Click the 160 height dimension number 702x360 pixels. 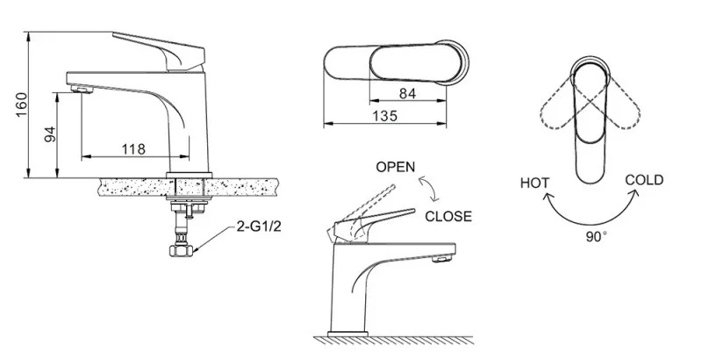(21, 104)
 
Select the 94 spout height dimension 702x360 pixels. (51, 134)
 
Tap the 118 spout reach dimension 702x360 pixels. (134, 149)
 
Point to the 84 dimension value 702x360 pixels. (407, 94)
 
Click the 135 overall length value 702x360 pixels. (384, 116)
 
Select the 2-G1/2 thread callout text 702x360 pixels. (259, 227)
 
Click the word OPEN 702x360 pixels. (396, 167)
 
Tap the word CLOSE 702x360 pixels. (448, 216)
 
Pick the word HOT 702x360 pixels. (534, 184)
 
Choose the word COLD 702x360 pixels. (644, 180)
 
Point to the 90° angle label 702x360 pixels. (597, 236)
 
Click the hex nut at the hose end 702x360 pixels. (181, 250)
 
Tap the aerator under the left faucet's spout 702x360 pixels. (82, 90)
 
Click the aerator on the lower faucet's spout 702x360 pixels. (443, 259)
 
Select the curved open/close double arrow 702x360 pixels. (429, 189)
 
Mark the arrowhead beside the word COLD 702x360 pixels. (634, 194)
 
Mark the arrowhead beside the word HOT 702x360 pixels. (547, 198)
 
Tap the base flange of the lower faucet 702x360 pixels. (347, 334)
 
